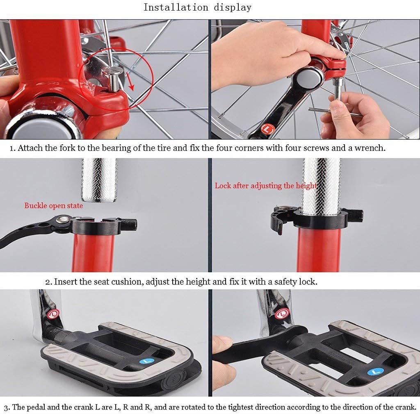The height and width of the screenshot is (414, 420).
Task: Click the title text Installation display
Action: click(x=197, y=7)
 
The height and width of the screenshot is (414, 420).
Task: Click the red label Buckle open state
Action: click(x=53, y=206)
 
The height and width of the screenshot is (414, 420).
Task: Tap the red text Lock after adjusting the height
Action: click(x=266, y=186)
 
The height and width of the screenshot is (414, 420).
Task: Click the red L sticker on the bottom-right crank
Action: click(x=281, y=314)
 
